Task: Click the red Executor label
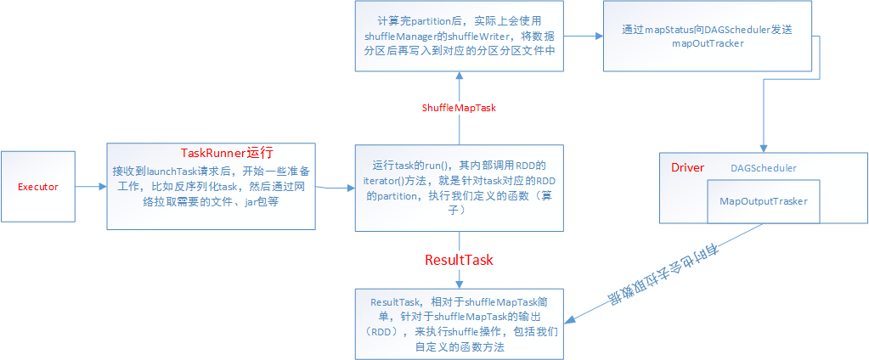[38, 186]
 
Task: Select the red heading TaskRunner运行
[227, 153]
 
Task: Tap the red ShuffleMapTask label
[459, 108]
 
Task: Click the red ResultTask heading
[459, 259]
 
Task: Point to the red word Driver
[687, 167]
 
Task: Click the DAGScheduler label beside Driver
[763, 168]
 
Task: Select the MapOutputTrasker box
[764, 201]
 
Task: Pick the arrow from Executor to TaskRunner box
[93, 186]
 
